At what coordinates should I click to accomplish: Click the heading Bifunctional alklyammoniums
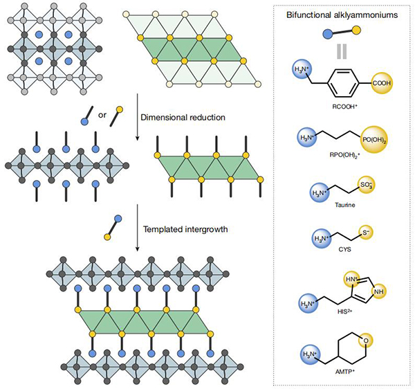pyautogui.click(x=342, y=15)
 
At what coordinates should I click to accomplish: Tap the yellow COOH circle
pyautogui.click(x=381, y=83)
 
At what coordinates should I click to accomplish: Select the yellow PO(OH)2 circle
pyautogui.click(x=374, y=140)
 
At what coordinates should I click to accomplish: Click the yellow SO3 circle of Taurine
pyautogui.click(x=367, y=185)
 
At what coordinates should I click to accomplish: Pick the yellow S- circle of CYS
pyautogui.click(x=366, y=233)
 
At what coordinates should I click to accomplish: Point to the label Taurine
pyautogui.click(x=345, y=205)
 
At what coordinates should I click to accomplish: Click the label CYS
pyautogui.click(x=344, y=249)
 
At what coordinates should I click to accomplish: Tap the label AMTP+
pyautogui.click(x=344, y=372)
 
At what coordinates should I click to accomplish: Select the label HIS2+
pyautogui.click(x=344, y=311)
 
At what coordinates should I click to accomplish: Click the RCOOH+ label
pyautogui.click(x=345, y=107)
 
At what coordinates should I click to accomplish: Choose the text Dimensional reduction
pyautogui.click(x=183, y=117)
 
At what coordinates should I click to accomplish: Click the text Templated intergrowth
pyautogui.click(x=185, y=229)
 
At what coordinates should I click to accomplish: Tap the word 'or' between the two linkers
pyautogui.click(x=102, y=115)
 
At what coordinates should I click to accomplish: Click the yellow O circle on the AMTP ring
pyautogui.click(x=365, y=341)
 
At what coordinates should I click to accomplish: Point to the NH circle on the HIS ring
pyautogui.click(x=379, y=291)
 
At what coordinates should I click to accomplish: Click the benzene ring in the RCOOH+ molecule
pyautogui.click(x=344, y=83)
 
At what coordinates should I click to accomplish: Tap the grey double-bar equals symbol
pyautogui.click(x=342, y=51)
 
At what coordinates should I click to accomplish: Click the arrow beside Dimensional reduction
pyautogui.click(x=137, y=116)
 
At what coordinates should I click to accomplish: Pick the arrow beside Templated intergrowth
pyautogui.click(x=137, y=228)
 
